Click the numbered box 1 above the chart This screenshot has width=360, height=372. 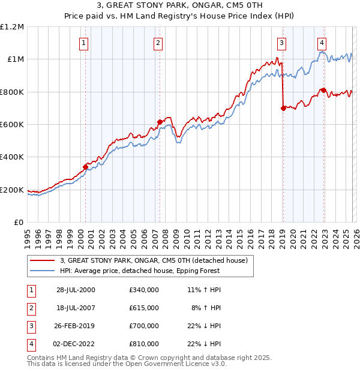coord(83,43)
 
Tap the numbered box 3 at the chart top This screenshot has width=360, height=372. coord(281,43)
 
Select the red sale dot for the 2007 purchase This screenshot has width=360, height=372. coord(160,122)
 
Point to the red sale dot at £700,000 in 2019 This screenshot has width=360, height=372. coord(283,108)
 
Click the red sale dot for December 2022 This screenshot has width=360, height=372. coord(323,90)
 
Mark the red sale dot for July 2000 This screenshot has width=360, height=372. coord(85,167)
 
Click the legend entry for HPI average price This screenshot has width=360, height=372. coord(139,271)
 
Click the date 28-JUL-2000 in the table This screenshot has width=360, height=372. coord(76,290)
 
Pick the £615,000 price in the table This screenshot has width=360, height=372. coord(143,308)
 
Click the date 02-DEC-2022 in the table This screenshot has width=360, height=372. coord(76,344)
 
